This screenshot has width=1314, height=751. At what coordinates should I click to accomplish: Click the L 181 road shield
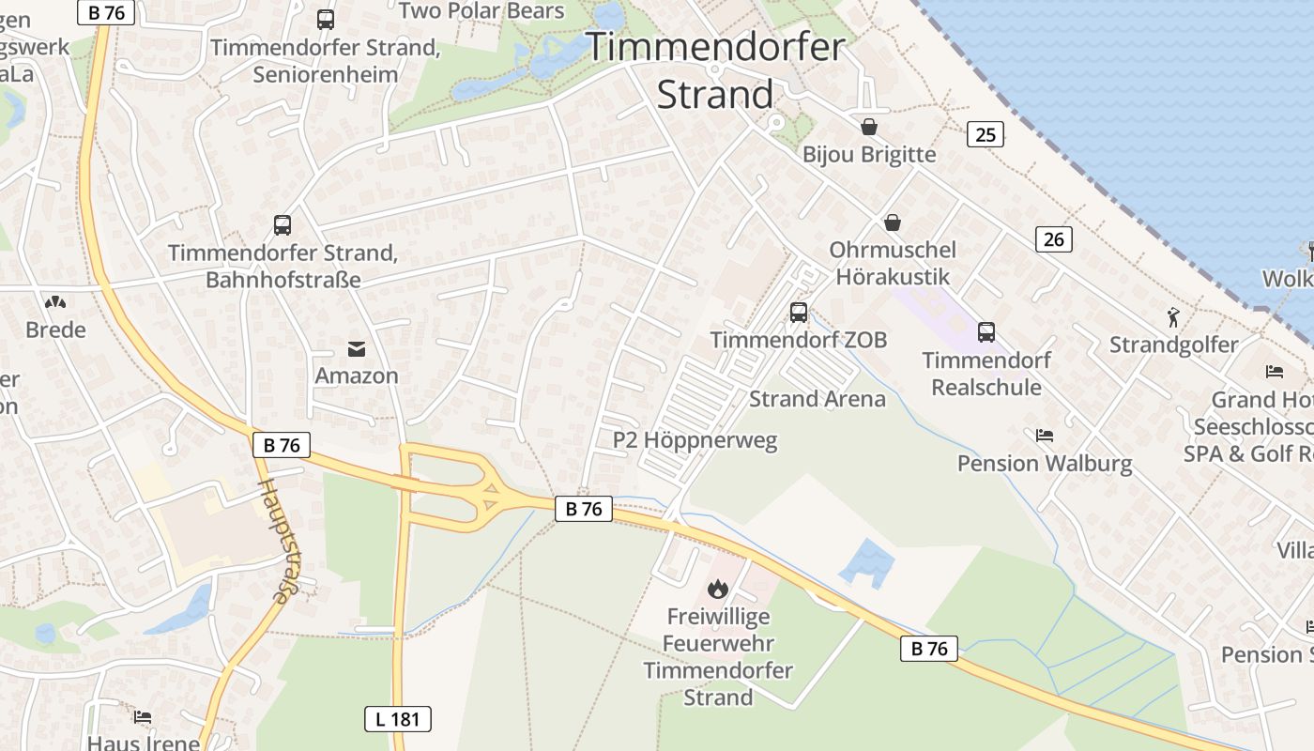[x=397, y=719]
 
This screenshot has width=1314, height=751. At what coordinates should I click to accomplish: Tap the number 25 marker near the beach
[x=985, y=135]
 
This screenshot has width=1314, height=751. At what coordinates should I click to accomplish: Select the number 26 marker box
[x=1054, y=239]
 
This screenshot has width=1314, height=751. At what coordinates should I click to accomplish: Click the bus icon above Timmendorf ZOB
[x=799, y=313]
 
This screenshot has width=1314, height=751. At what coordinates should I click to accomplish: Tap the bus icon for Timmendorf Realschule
[x=985, y=331]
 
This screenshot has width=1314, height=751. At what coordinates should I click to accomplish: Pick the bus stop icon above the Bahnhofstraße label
[x=283, y=225]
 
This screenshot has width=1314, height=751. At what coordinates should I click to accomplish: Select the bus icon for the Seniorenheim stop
[x=326, y=20]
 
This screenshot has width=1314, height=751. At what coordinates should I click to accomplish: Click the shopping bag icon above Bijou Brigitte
[x=869, y=127]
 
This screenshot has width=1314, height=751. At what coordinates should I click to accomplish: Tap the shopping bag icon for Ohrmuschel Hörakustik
[x=892, y=222]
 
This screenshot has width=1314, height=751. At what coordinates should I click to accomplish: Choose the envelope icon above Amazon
[x=357, y=349]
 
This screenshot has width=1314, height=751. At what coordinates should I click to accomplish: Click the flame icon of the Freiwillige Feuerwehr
[x=718, y=589]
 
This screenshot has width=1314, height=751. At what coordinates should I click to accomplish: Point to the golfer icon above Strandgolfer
[x=1172, y=317]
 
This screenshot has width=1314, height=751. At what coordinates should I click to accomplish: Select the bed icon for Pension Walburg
[x=1045, y=436]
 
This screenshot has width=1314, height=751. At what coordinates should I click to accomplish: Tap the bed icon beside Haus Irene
[x=143, y=717]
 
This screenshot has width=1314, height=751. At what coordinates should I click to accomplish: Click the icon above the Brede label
[x=55, y=302]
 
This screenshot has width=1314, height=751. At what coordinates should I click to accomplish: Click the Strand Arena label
[x=817, y=399]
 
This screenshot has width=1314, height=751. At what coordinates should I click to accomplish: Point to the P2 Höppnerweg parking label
[x=695, y=440]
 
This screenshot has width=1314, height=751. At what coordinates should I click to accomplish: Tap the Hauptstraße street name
[x=273, y=541]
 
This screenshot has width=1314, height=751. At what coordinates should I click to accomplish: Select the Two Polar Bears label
[x=481, y=11]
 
